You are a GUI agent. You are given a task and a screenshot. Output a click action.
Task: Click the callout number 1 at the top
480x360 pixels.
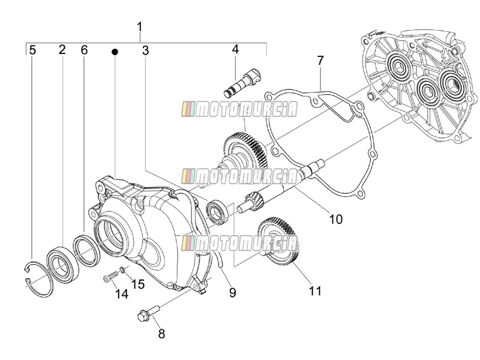[x=140, y=27]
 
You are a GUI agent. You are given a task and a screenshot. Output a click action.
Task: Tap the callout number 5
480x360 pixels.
[x=32, y=50]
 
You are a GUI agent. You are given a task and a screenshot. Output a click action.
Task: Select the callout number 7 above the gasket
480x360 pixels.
[x=320, y=61]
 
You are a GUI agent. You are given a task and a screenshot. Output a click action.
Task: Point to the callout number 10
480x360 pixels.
[x=336, y=219]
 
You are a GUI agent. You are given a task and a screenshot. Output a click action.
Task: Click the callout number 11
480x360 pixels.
[x=315, y=291]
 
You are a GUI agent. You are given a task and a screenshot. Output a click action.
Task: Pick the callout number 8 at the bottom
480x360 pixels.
[x=161, y=334]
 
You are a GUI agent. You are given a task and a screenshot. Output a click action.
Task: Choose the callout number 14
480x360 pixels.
[x=122, y=294]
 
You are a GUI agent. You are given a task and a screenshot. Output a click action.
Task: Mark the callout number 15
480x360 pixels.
[x=138, y=284]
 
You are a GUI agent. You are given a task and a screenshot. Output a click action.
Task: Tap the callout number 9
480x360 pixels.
[x=233, y=293]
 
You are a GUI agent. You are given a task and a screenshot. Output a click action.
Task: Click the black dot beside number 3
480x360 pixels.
[x=115, y=52]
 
